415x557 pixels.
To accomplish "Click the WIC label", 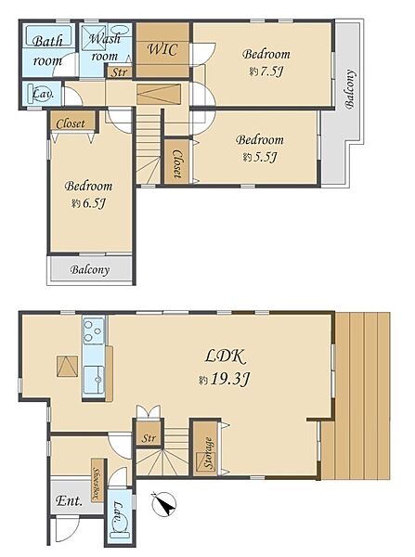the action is point(162,49).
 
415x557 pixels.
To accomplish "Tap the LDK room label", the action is point(226,356).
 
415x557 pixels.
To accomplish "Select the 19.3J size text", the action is point(230,380).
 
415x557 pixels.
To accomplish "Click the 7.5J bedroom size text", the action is point(272,72).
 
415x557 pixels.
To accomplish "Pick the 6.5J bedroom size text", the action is point(94,203).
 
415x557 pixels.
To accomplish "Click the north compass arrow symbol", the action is point(163,503).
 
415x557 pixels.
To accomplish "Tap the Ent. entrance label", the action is point(69,500).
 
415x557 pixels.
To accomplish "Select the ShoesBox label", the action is point(97,480).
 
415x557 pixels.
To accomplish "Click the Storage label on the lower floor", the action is point(209,452).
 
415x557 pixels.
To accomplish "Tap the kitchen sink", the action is point(94,380).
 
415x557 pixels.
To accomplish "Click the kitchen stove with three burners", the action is point(94,331).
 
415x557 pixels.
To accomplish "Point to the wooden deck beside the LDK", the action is point(357,395).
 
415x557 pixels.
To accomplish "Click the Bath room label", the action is point(47,51).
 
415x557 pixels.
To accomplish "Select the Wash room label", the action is point(105,47).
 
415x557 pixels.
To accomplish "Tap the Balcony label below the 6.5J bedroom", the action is point(89,269).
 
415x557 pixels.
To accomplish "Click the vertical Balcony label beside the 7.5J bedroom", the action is point(350,89).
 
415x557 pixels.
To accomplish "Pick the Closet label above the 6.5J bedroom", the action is point(71,123).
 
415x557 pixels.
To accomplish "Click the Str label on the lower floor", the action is point(149,437).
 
